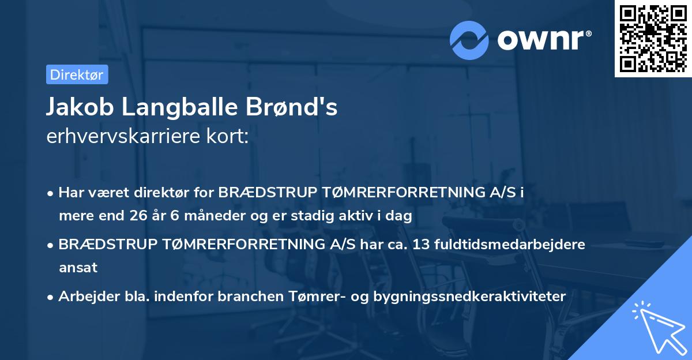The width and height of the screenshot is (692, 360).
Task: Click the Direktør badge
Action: point(77,74)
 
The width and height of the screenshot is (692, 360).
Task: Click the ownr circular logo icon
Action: point(469,40)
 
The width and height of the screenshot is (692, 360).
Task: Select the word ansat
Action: point(78,267)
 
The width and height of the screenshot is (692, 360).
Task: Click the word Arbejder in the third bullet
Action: point(84,296)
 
